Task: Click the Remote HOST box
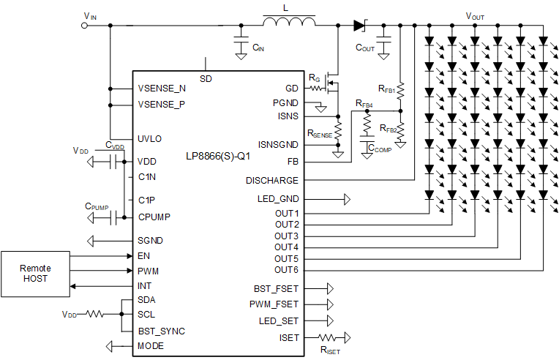[x=36, y=273]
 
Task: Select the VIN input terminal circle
[x=84, y=25]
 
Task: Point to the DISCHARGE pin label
[x=271, y=180]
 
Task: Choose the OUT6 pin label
[x=286, y=270]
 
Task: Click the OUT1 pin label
[x=286, y=213]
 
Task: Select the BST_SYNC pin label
[x=161, y=331]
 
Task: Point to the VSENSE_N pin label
[x=162, y=89]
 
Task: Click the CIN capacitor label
[x=258, y=48]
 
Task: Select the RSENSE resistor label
[x=320, y=135]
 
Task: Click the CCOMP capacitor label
[x=380, y=148]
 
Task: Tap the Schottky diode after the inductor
[x=359, y=25]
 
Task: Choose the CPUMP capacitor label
[x=96, y=207]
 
